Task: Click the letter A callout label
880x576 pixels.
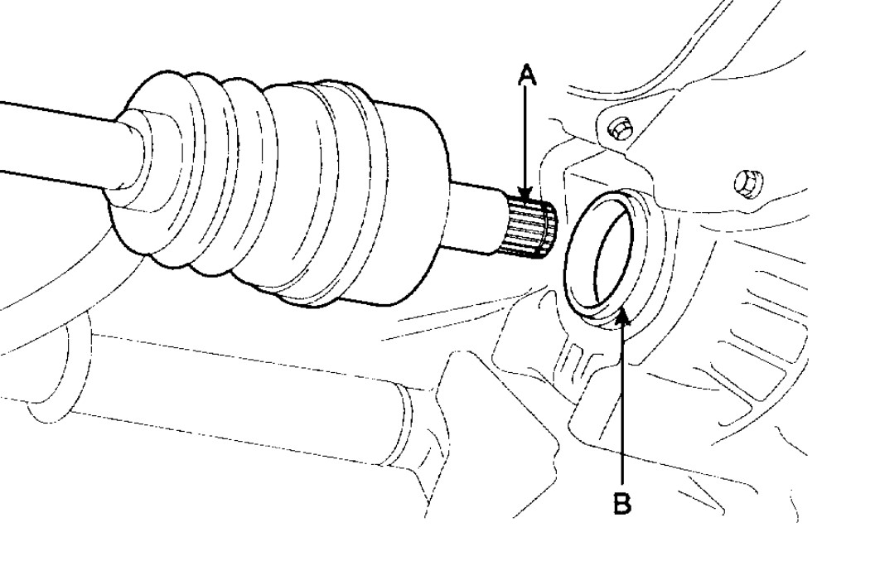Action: coord(527,76)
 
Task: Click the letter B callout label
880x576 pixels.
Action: coord(623,503)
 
